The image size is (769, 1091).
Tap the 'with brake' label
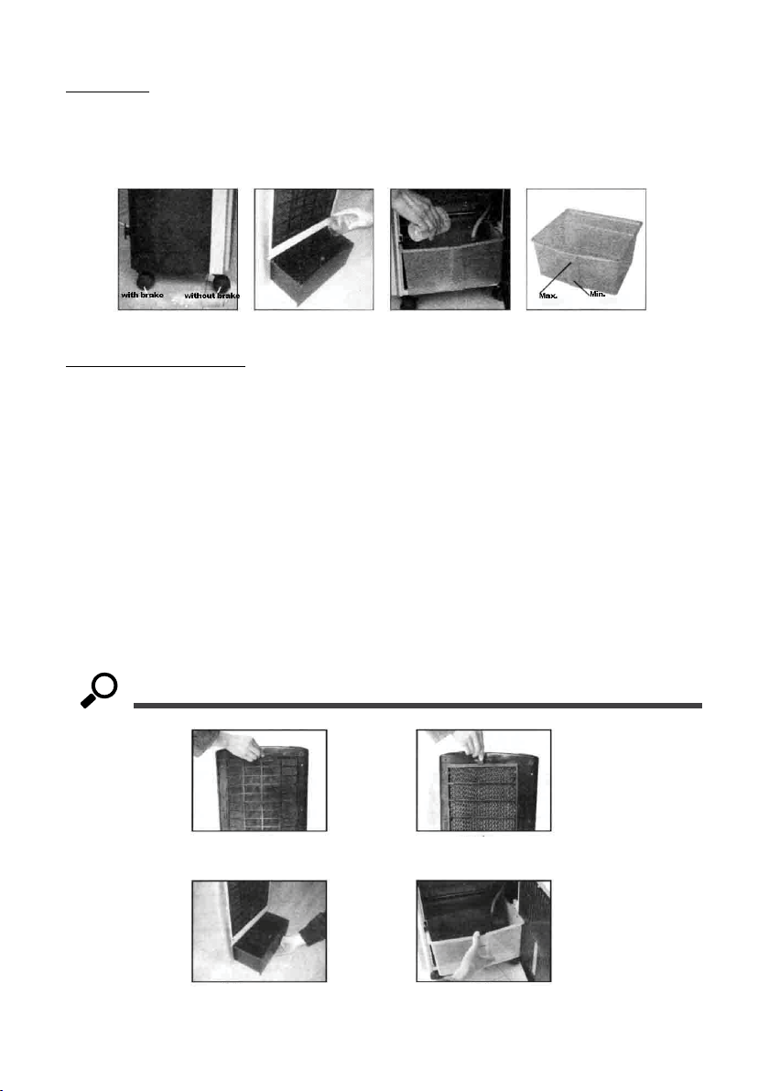[x=143, y=295]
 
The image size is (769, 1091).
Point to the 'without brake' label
[x=211, y=296]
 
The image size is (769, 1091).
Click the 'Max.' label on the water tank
[x=548, y=296]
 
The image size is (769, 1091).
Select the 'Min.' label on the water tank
[x=598, y=294]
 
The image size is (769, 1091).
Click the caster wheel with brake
[x=146, y=281]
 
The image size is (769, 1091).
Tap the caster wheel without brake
[x=222, y=283]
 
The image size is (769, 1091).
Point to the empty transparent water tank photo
[x=586, y=249]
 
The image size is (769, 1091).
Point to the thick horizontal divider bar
[x=417, y=706]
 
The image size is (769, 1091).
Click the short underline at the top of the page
[x=108, y=92]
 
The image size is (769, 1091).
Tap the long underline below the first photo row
[x=156, y=364]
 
